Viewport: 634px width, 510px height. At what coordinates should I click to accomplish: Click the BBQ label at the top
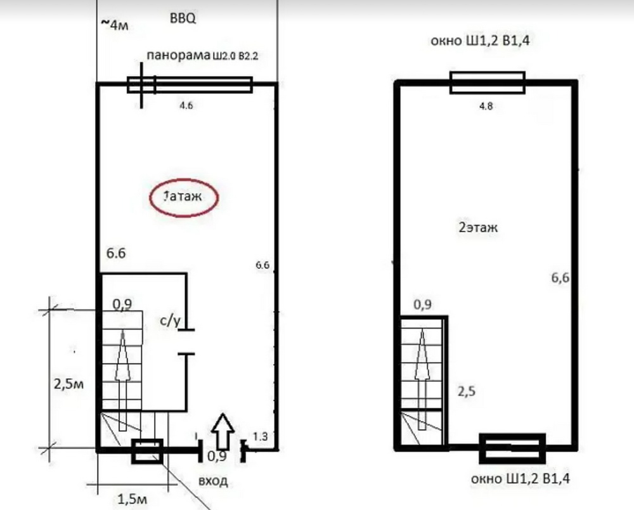(x=183, y=18)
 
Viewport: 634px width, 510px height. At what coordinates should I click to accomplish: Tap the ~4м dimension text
(x=114, y=25)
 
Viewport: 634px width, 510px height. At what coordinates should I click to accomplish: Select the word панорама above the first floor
(x=179, y=55)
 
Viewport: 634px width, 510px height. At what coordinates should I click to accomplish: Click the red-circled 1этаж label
(x=184, y=197)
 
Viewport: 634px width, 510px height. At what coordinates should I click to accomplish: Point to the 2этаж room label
(x=478, y=227)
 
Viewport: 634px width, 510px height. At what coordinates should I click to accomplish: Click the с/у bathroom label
(x=170, y=320)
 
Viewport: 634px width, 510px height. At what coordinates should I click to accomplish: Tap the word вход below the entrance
(x=213, y=481)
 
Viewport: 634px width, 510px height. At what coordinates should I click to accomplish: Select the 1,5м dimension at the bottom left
(x=133, y=499)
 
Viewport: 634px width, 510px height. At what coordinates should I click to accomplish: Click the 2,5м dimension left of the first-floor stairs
(x=68, y=383)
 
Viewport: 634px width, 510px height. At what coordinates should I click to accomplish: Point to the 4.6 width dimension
(x=186, y=105)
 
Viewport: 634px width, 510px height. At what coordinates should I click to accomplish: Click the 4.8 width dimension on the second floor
(x=486, y=107)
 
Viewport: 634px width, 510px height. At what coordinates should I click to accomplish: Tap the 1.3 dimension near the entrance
(x=261, y=436)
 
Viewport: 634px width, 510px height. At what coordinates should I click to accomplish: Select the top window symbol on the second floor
(x=488, y=82)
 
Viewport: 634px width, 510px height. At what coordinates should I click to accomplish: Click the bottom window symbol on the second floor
(x=512, y=448)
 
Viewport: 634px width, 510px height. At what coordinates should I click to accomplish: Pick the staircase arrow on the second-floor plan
(x=422, y=379)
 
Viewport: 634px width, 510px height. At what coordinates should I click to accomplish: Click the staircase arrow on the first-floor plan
(x=123, y=380)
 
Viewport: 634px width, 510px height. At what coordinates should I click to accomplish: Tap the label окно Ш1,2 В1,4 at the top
(x=480, y=41)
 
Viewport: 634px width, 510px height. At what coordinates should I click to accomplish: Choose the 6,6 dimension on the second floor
(x=560, y=278)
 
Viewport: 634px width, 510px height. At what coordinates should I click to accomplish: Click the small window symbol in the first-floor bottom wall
(x=148, y=450)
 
